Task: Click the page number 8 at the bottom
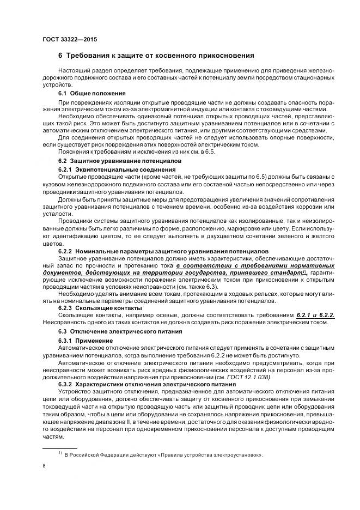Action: [44, 466]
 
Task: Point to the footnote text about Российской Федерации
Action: [163, 454]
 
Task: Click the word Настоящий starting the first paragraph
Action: [73, 71]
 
